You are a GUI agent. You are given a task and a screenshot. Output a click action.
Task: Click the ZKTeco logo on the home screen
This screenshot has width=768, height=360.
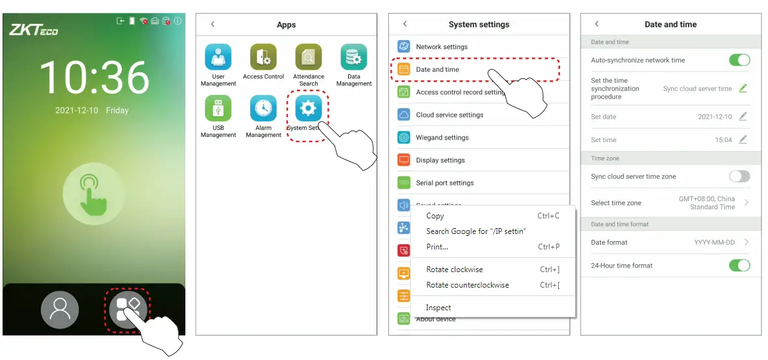click(x=34, y=30)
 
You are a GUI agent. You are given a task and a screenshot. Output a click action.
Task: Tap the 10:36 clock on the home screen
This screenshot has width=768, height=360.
click(x=94, y=79)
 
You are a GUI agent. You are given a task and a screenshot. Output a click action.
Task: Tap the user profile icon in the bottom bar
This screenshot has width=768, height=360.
click(x=59, y=310)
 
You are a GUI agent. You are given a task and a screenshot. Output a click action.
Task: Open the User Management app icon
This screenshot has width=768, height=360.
click(x=218, y=58)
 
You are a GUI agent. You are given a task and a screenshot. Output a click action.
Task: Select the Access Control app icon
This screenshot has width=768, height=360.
click(x=264, y=58)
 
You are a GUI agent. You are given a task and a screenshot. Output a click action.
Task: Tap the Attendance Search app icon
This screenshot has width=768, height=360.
click(x=308, y=58)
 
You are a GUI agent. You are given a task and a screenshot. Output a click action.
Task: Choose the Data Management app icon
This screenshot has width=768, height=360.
click(x=354, y=58)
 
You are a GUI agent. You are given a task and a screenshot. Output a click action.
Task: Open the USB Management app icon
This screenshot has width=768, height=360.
click(x=218, y=109)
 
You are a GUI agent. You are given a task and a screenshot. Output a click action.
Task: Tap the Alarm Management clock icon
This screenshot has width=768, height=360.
click(x=264, y=109)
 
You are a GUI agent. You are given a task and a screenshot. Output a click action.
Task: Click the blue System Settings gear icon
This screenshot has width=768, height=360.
click(x=308, y=109)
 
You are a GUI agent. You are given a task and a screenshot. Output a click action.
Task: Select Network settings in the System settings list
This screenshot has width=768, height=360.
click(x=442, y=47)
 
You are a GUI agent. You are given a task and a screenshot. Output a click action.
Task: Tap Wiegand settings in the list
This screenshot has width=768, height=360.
click(x=442, y=138)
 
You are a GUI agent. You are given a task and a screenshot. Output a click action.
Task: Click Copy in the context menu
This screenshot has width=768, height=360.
click(x=435, y=216)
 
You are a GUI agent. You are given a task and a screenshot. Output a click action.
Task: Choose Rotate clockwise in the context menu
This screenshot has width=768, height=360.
click(x=455, y=270)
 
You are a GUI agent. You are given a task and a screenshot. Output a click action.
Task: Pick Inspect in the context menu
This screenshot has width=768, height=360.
click(x=439, y=308)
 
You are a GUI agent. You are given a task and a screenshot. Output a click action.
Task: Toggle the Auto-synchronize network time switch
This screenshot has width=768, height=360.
click(x=740, y=60)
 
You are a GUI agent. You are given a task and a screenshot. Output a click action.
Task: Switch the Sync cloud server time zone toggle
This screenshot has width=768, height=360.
click(x=740, y=176)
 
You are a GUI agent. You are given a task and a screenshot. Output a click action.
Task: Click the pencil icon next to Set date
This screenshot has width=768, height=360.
click(x=743, y=117)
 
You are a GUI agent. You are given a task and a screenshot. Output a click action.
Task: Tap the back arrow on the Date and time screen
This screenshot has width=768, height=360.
click(x=597, y=24)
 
